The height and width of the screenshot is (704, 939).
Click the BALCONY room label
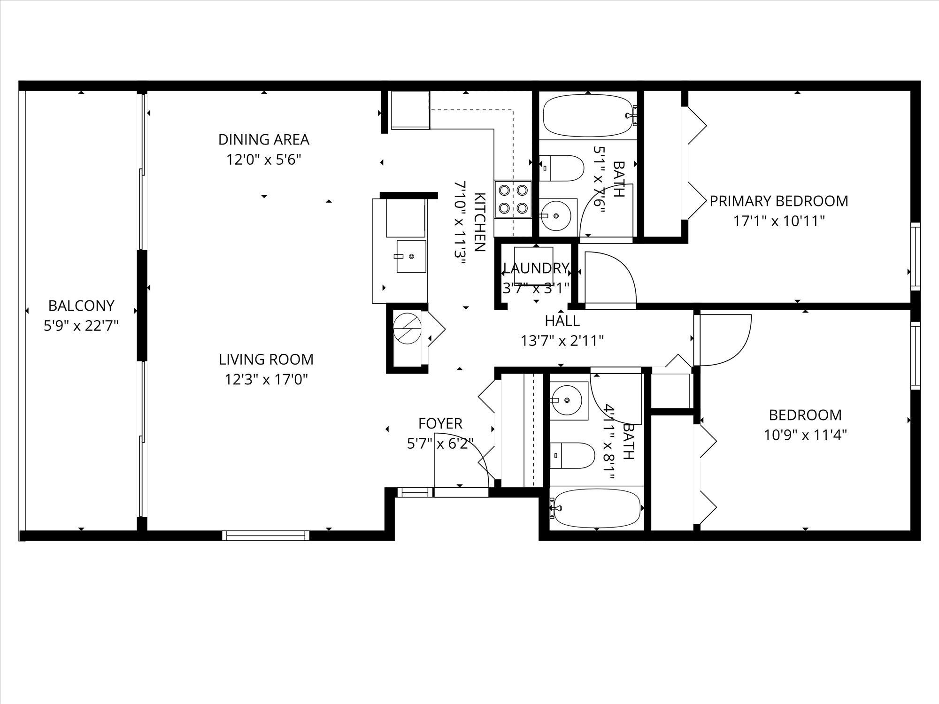pos(81,306)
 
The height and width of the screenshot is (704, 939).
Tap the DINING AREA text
pos(263,139)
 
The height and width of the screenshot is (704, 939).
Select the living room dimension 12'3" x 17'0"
pos(266,379)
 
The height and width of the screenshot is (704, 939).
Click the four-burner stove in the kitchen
pos(513,199)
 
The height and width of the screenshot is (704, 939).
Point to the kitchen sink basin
pos(411,256)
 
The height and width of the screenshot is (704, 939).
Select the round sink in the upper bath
pos(556,216)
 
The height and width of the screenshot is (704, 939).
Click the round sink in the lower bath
pos(567,400)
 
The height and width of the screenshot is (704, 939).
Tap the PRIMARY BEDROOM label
pos(779,201)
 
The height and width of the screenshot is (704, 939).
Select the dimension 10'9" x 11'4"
pos(805,435)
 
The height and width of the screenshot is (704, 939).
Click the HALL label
pos(562,321)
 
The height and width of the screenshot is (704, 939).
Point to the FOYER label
pos(440,423)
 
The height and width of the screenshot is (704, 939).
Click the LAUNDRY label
pos(536,268)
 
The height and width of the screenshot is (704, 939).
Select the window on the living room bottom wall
pos(266,535)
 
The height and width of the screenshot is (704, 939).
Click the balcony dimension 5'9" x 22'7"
pos(81,326)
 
